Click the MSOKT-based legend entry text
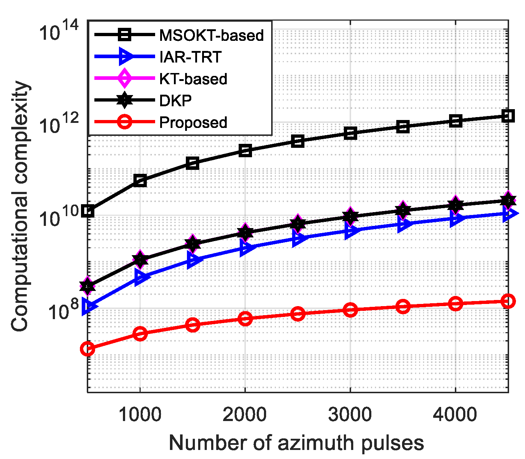pos(212,35)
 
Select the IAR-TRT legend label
pos(190,57)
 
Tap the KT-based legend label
pos(193,79)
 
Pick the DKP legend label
pos(175,100)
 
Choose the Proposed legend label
pos(193,123)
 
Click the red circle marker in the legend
pos(124,122)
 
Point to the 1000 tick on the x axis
pos(140,415)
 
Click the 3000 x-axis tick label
pos(350,415)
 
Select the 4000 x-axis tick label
pos(455,415)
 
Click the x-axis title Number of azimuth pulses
pos(296,443)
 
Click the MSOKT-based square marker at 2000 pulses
pos(245,150)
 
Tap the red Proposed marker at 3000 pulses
pos(350,310)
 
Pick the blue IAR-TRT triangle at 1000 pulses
pos(140,277)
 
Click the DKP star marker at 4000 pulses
pos(455,205)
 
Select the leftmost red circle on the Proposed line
pos(87,349)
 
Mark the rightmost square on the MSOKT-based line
pos(508,116)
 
